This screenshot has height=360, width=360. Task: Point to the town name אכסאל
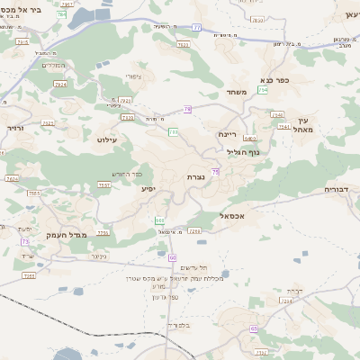click(232, 216)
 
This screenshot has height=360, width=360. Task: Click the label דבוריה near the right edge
click(340, 190)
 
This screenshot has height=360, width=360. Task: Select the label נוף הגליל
click(242, 152)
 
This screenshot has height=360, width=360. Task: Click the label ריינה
click(226, 134)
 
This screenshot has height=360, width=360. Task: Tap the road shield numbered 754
click(263, 90)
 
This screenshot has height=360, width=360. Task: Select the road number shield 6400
click(249, 139)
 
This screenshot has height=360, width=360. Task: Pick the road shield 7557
click(104, 184)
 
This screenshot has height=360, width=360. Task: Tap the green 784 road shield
click(61, 15)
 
